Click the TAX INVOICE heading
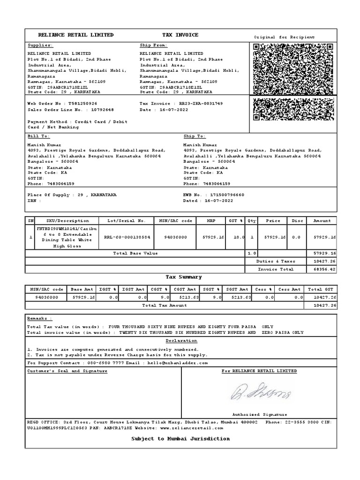click(x=180, y=35)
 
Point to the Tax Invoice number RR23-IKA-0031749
click(x=198, y=103)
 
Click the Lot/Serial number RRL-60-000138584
click(x=127, y=237)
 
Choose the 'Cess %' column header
click(x=263, y=289)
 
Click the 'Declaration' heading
click(x=181, y=341)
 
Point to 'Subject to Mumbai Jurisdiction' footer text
click(x=180, y=439)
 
